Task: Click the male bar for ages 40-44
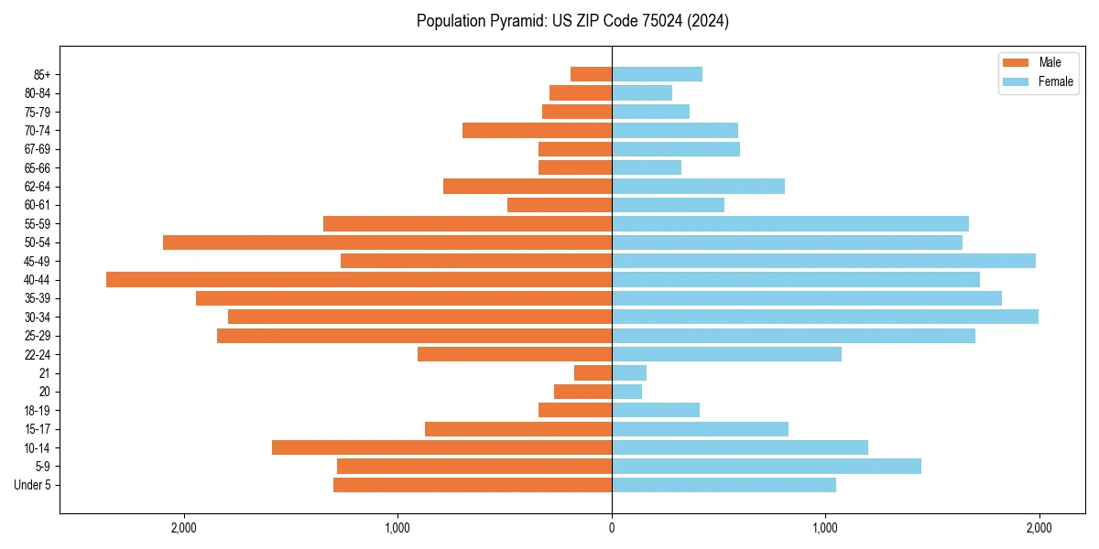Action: [359, 279]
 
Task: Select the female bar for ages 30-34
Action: [825, 317]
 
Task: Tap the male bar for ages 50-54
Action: [387, 242]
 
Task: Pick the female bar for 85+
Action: [657, 74]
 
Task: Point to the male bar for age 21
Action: [593, 372]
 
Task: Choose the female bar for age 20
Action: [626, 392]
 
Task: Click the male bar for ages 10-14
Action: [441, 447]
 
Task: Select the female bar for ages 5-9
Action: [767, 467]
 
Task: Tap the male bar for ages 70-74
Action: [537, 130]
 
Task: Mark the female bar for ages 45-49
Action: [823, 261]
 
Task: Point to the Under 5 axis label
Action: [33, 485]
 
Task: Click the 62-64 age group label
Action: [38, 187]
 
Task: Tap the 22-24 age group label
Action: [38, 354]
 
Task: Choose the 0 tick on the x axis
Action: [612, 528]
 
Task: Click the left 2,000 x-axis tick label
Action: [184, 528]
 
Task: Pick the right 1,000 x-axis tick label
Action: [825, 528]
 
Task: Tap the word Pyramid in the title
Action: [515, 21]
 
